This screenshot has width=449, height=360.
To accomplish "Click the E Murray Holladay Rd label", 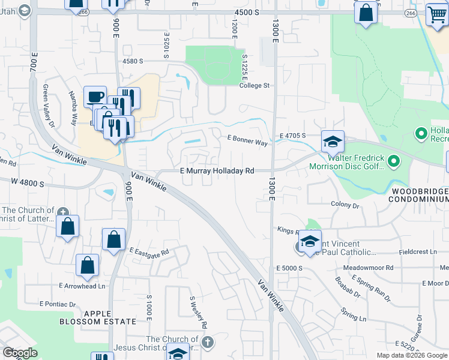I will click(217, 171).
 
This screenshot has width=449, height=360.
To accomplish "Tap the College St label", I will click(255, 86).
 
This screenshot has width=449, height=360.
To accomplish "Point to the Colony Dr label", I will click(345, 205).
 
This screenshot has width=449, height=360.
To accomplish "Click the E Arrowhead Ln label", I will click(82, 286).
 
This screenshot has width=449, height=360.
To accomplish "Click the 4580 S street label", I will click(133, 61).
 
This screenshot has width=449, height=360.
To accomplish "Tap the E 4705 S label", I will click(292, 136).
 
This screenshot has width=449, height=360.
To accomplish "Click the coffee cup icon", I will click(95, 97).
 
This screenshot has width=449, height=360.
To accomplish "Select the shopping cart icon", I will click(436, 14).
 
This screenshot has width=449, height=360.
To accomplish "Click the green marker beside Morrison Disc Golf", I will click(394, 161).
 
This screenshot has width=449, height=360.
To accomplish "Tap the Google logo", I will click(20, 353).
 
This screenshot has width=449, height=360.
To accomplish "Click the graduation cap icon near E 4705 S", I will click(333, 142).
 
